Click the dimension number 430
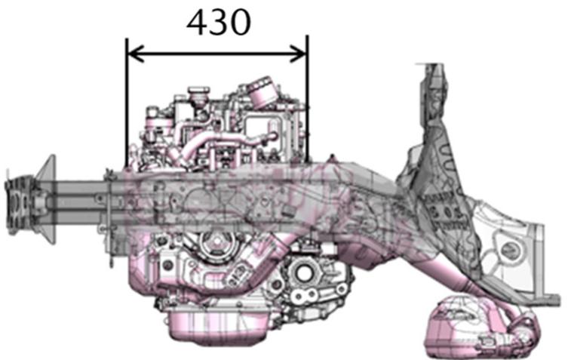point(219,24)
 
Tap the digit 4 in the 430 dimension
point(198,24)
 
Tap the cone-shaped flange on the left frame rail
point(47,200)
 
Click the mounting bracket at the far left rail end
point(17,200)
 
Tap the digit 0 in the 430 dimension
point(239,24)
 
